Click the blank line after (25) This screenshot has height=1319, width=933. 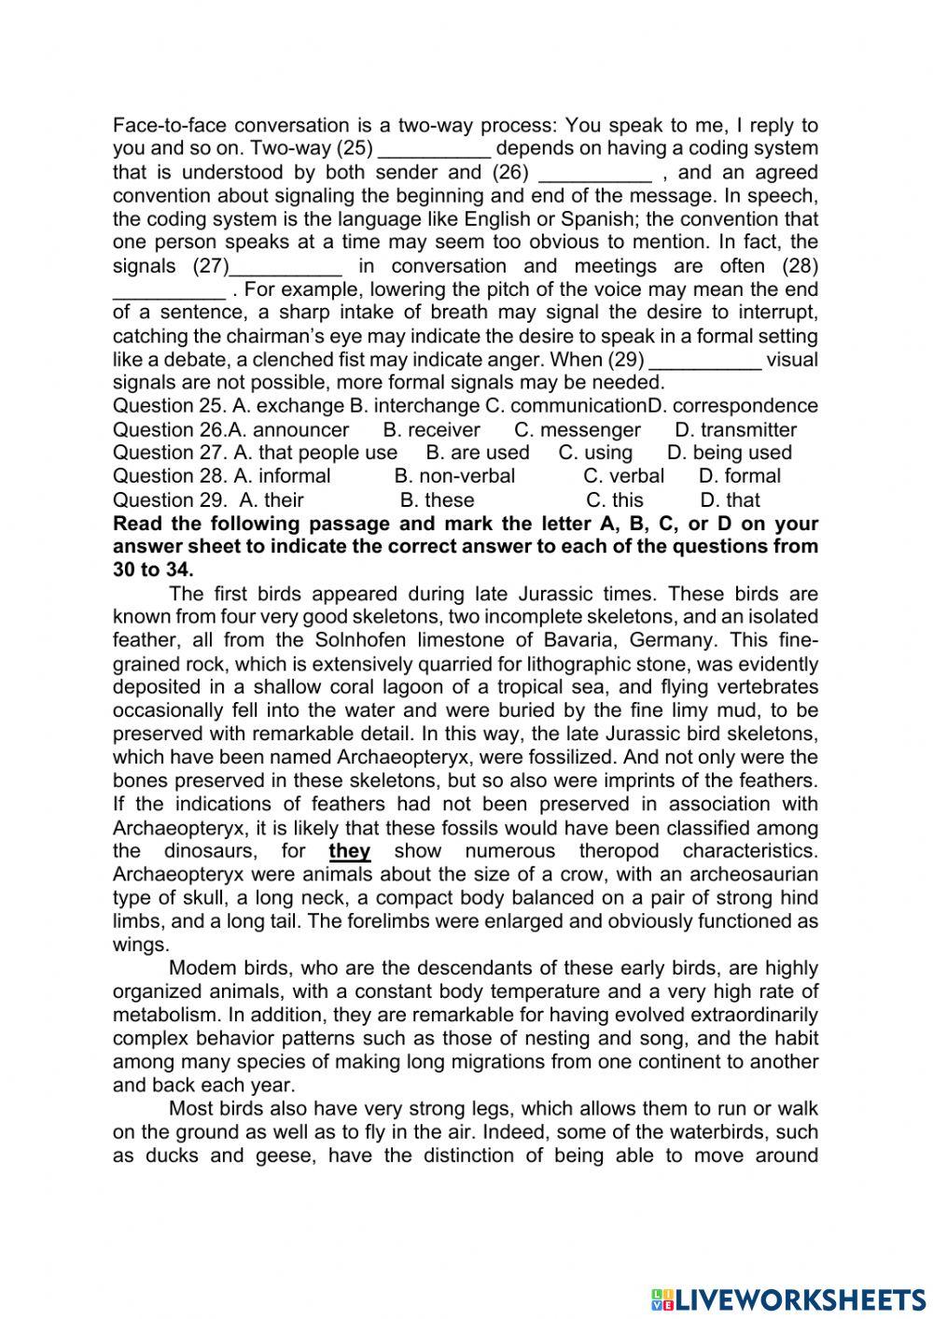[x=435, y=150]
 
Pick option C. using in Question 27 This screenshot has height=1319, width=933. [x=595, y=453]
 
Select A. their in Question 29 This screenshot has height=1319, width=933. [x=272, y=500]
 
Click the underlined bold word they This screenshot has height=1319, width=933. [x=350, y=851]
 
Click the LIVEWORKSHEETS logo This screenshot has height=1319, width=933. [x=788, y=1299]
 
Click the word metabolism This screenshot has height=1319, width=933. [x=166, y=1015]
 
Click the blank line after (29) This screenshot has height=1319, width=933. [x=705, y=361]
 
